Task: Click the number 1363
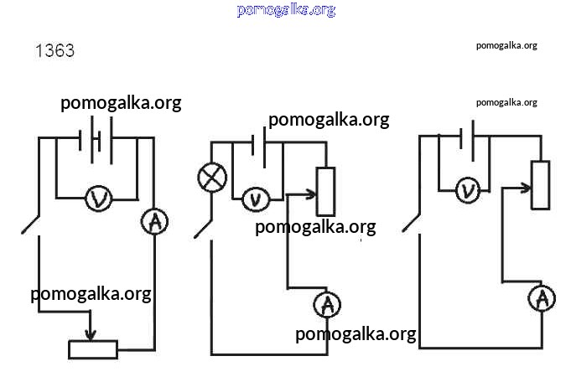pos(55,51)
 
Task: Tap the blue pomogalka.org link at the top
pos(286,10)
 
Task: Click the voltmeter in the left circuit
pos(99,199)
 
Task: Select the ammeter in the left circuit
pos(154,222)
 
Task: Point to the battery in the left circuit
pos(96,139)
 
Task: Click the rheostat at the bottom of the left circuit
pos(92,349)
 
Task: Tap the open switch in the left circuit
pos(31,224)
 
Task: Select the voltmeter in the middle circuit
pos(256,199)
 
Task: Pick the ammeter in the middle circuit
pos(328,305)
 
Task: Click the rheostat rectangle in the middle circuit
pos(324,191)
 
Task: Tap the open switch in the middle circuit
pos(204,227)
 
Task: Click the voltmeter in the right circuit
pos(469,190)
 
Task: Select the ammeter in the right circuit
pos(542,298)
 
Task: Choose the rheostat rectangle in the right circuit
pos(541,185)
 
